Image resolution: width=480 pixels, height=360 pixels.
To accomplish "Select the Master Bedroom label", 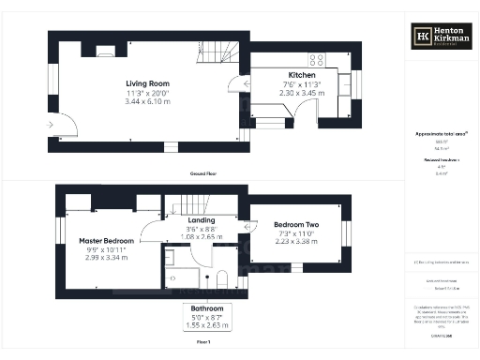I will (106, 241).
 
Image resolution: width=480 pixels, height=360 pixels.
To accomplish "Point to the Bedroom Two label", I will (296, 225).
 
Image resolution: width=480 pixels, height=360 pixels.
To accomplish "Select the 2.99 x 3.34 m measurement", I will (106, 258).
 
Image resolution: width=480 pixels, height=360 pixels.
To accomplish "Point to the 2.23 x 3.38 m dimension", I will (296, 241).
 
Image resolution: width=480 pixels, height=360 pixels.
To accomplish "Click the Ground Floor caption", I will (203, 174).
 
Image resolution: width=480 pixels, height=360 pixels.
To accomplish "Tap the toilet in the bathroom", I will (220, 279).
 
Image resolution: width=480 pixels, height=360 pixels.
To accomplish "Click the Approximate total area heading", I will (441, 134).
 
